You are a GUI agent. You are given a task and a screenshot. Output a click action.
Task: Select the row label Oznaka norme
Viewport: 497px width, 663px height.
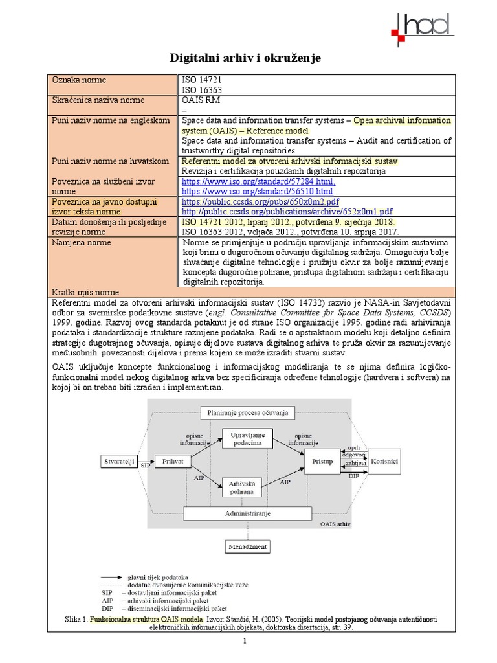coord(80,80)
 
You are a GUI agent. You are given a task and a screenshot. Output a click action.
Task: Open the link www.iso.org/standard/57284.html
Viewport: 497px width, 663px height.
coord(258,183)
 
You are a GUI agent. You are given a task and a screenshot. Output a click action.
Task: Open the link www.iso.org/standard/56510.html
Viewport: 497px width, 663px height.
coord(257,192)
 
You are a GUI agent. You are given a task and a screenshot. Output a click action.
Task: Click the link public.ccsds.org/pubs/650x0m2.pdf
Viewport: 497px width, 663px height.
coord(260,202)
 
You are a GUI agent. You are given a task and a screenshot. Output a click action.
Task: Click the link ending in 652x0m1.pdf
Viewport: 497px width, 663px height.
coord(287,212)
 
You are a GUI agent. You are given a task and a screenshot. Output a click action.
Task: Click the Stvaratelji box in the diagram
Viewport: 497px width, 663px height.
coord(119,462)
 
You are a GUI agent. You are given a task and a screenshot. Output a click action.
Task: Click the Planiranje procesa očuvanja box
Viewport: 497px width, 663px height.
coord(248,412)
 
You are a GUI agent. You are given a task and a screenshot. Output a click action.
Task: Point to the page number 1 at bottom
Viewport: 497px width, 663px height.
coord(246,641)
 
